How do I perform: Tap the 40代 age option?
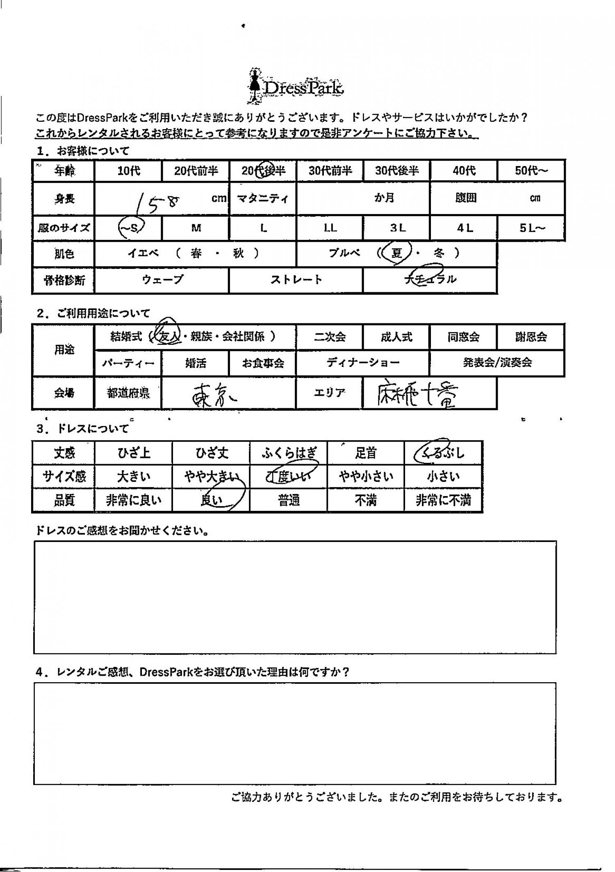coord(464,171)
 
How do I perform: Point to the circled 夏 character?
coord(396,253)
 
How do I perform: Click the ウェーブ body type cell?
coord(162,280)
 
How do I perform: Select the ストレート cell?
coord(296,280)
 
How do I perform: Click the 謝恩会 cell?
coord(531,337)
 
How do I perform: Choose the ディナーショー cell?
coord(363,363)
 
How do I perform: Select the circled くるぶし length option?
coord(443,453)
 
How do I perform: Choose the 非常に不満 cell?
coord(443,501)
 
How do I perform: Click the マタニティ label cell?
coord(262,199)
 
